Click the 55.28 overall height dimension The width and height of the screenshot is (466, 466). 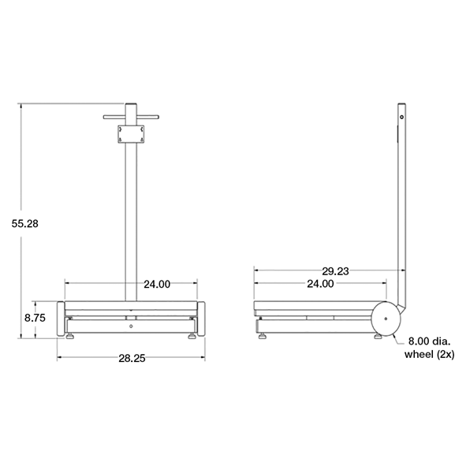(25, 224)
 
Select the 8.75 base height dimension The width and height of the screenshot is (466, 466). (35, 319)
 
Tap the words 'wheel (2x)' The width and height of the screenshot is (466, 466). (427, 355)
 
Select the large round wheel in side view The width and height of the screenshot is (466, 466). (386, 319)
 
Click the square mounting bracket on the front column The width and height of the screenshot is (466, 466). (130, 134)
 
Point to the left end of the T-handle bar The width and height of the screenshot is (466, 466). (106, 119)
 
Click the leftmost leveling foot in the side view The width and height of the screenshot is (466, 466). (263, 337)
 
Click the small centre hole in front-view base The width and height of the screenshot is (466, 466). (130, 324)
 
